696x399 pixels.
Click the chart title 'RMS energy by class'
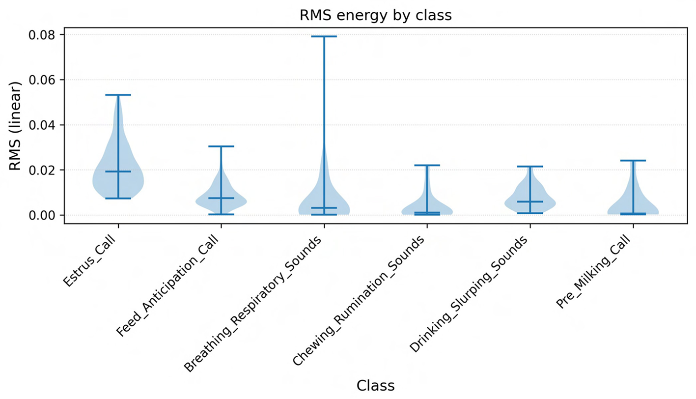[x=375, y=15]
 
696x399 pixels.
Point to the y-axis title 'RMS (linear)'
[x=16, y=126]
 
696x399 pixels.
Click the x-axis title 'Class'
[x=375, y=386]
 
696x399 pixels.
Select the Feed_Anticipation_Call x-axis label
[x=168, y=286]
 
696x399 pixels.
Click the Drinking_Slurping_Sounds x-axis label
[x=469, y=294]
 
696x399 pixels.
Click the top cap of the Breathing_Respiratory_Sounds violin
[x=324, y=36]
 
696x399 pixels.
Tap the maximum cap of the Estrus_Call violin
[x=118, y=95]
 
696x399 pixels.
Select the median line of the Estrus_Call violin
[x=118, y=171]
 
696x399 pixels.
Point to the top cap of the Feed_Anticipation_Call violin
[x=221, y=146]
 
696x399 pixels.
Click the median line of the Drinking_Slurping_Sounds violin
[x=530, y=201]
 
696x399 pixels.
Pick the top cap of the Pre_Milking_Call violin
[x=633, y=161]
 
